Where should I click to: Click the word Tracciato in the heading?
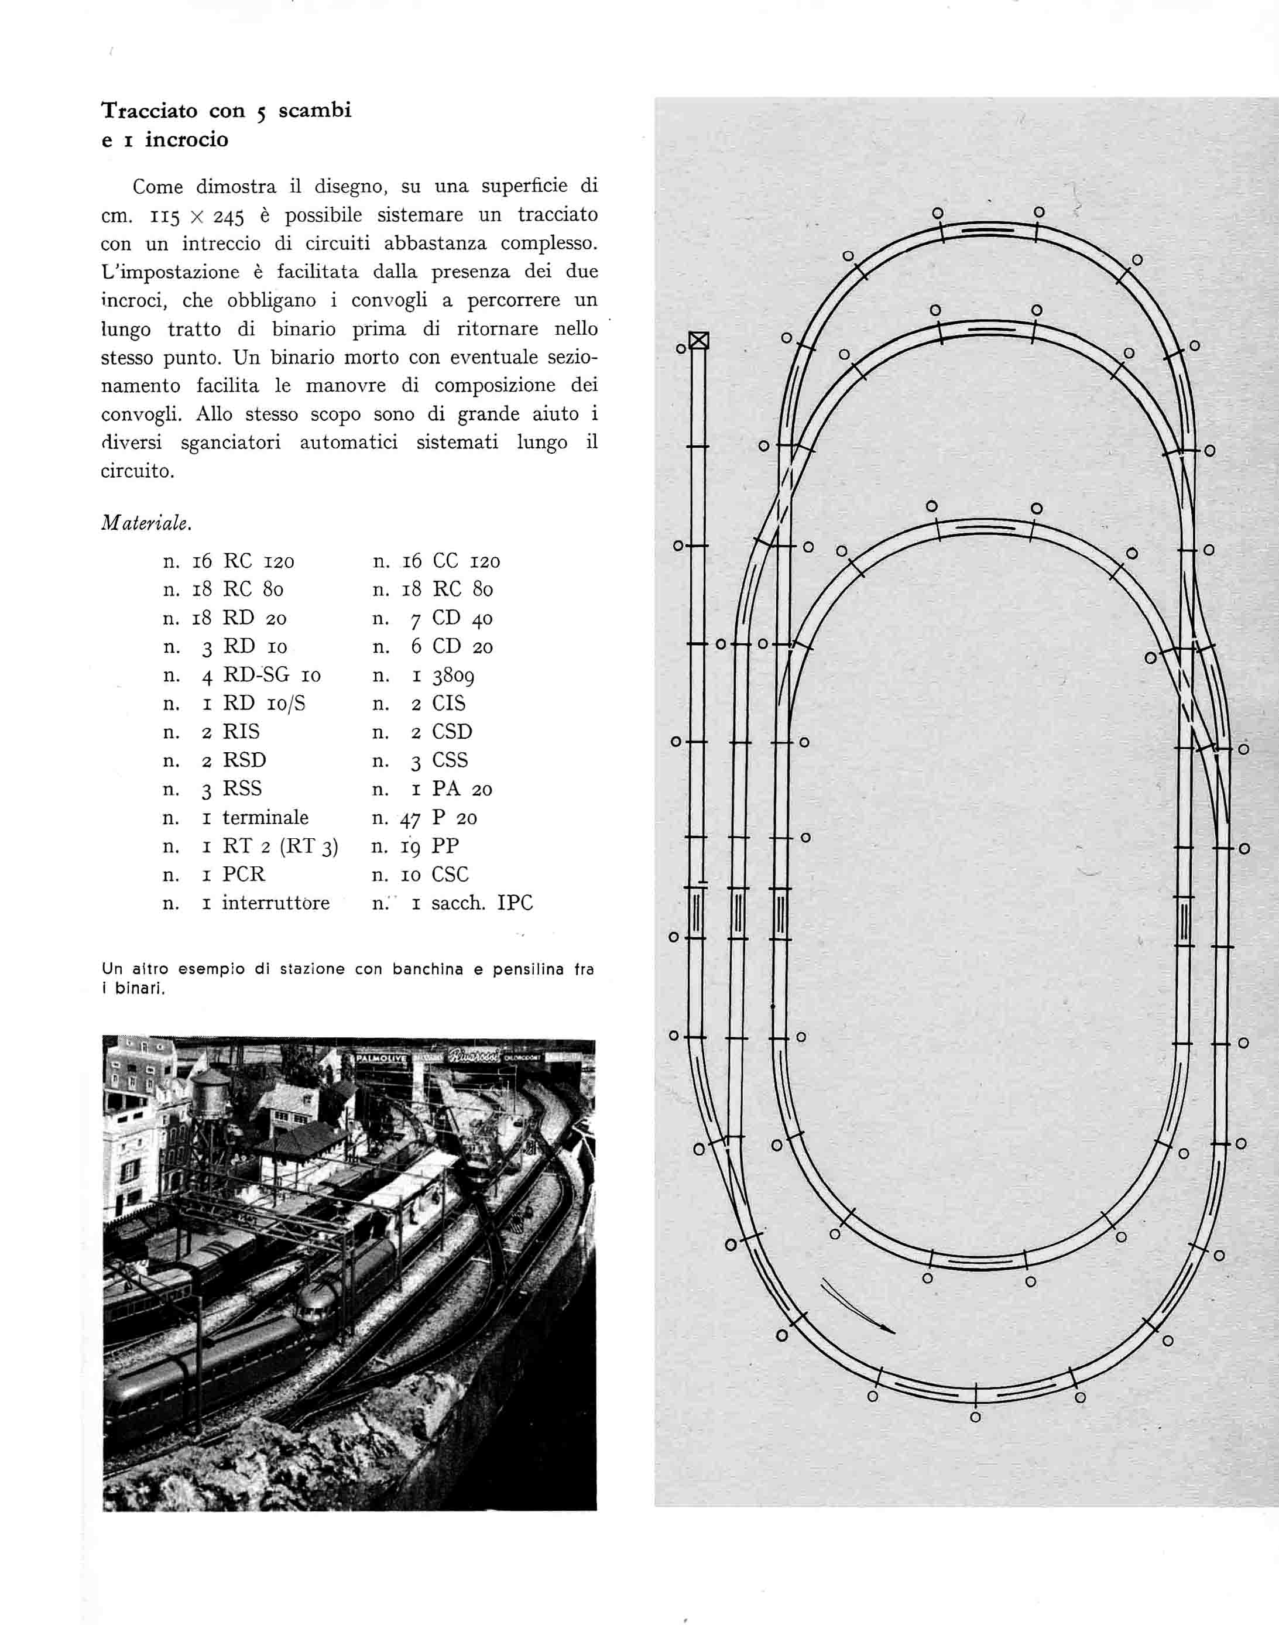tap(150, 111)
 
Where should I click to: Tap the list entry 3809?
tap(453, 676)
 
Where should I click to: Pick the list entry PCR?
tap(244, 875)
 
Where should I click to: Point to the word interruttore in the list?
tap(276, 903)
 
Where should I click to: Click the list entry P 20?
tap(455, 818)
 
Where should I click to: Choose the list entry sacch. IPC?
tap(482, 903)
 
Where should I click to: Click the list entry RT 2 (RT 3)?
tap(280, 846)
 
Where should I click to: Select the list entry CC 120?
tap(466, 561)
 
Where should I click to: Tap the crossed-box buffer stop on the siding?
tap(699, 341)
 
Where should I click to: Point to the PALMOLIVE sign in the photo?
tap(382, 1059)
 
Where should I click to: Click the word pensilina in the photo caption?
tap(529, 969)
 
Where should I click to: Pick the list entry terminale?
tap(265, 818)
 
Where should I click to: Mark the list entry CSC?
tap(450, 875)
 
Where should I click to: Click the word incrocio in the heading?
tap(187, 140)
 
